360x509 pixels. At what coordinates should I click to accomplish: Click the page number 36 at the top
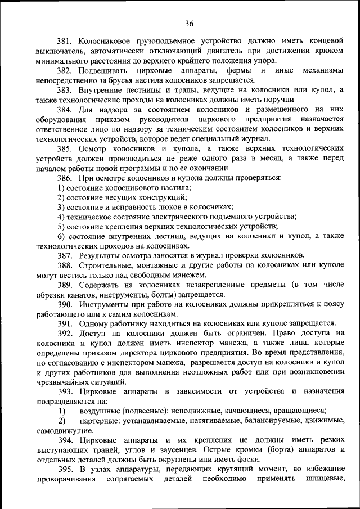click(x=188, y=23)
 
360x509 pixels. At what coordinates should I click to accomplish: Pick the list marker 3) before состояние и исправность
click(x=61, y=207)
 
